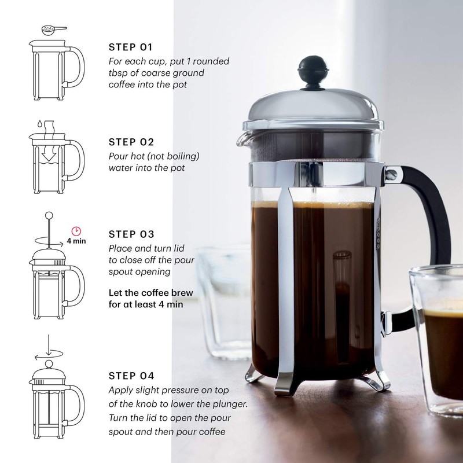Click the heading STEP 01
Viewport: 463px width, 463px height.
coord(131,47)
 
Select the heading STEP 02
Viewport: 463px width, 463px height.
coord(131,141)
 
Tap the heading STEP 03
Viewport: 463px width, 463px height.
coord(131,234)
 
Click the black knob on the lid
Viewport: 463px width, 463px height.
coord(313,71)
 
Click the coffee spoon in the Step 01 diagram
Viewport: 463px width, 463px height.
coord(52,28)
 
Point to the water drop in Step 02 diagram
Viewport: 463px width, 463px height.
coord(36,123)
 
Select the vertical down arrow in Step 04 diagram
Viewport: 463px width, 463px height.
coord(49,344)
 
